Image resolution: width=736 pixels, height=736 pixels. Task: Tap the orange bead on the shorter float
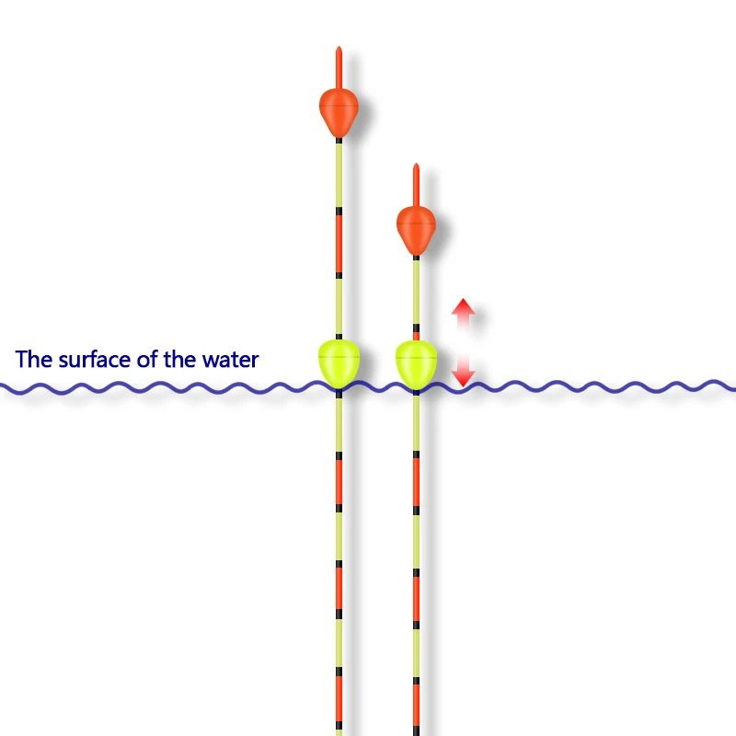point(416,228)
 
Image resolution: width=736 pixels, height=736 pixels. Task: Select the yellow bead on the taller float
point(339,362)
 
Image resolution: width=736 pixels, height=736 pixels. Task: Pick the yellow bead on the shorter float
point(416,362)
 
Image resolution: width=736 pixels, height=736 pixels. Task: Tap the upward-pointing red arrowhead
point(463,309)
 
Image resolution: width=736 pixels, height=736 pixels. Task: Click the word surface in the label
point(96,360)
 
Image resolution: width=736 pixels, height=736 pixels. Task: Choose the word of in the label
point(147,360)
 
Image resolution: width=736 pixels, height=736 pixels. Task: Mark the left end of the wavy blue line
point(3,388)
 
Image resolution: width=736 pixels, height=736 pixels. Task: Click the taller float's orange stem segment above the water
point(339,243)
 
